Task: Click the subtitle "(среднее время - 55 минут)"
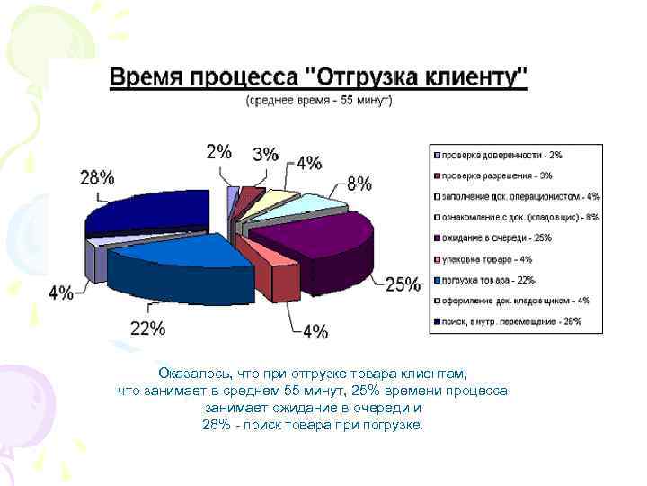coord(319,101)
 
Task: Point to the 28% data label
coord(97,177)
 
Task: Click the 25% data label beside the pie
coord(403,284)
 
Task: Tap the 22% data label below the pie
coord(147,328)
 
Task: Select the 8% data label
coord(359,184)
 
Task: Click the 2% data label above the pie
coord(218,151)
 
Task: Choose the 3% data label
coord(265,154)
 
